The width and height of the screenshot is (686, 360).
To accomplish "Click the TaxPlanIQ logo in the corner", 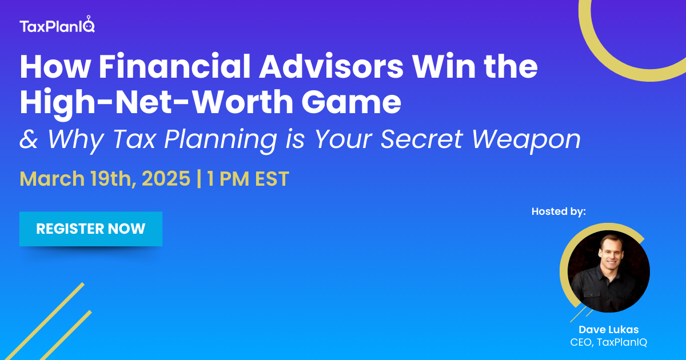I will pyautogui.click(x=57, y=26).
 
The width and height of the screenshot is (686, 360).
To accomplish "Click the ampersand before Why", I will pyautogui.click(x=28, y=139).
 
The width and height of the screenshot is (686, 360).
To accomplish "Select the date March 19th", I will pyautogui.click(x=77, y=179).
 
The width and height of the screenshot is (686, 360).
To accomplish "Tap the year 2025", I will pyautogui.click(x=166, y=179).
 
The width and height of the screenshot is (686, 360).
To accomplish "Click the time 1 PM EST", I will pyautogui.click(x=248, y=179).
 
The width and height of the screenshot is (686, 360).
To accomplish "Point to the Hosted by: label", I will pyautogui.click(x=559, y=211).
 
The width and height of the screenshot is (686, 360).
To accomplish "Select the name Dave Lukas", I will pyautogui.click(x=609, y=330).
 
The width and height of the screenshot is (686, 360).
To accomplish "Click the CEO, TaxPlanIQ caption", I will pyautogui.click(x=609, y=342).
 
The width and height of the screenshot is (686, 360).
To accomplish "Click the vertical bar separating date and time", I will pyautogui.click(x=199, y=179).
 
